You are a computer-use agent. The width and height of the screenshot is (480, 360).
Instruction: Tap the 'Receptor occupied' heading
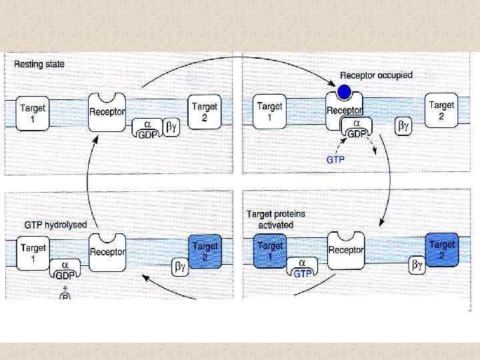pyautogui.click(x=377, y=76)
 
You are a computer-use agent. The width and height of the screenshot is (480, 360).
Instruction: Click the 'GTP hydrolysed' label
pyautogui.click(x=55, y=225)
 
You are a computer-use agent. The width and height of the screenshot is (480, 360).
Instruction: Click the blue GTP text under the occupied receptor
pyautogui.click(x=335, y=160)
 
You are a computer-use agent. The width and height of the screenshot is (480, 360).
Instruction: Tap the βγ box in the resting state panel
pyautogui.click(x=172, y=125)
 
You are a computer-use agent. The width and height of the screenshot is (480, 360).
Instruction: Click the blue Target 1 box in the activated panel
pyautogui.click(x=269, y=251)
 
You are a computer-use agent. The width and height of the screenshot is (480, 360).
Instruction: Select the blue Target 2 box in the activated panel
pyautogui.click(x=441, y=249)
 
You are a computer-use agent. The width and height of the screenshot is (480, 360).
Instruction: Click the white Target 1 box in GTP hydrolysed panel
pyautogui.click(x=33, y=253)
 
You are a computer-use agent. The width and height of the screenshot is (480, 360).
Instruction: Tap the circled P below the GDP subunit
pyautogui.click(x=65, y=295)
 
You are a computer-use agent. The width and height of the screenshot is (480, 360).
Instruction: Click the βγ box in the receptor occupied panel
pyautogui.click(x=404, y=125)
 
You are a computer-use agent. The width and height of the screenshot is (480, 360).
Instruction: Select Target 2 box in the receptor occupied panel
pyautogui.click(x=441, y=110)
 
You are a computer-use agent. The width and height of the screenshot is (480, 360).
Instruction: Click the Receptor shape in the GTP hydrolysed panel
pyautogui.click(x=108, y=252)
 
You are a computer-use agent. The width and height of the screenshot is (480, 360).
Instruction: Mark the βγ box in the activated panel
pyautogui.click(x=417, y=266)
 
